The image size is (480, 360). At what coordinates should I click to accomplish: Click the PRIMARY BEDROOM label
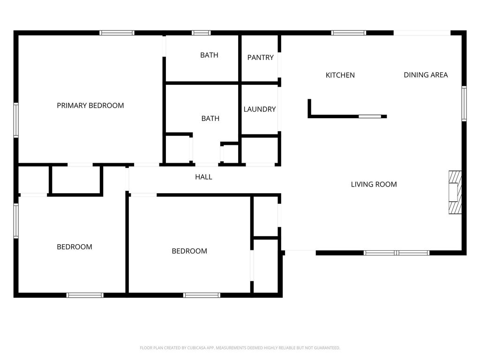90,105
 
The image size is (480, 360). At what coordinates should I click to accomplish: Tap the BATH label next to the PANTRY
209,55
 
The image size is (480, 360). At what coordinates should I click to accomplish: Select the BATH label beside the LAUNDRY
210,119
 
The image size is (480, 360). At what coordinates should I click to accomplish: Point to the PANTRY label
260,58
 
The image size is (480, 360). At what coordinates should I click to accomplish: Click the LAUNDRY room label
260,109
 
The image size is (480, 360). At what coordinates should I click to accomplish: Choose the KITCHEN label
340,75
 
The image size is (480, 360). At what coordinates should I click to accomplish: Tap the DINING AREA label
426,75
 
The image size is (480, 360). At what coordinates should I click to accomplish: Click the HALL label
203,177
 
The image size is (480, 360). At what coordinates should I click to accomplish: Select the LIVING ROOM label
374,184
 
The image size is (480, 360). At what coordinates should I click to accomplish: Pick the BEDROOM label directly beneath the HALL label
189,251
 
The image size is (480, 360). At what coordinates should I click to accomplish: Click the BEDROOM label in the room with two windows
75,247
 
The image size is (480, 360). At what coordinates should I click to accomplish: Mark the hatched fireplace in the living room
455,192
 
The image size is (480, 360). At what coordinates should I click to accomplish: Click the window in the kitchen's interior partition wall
370,116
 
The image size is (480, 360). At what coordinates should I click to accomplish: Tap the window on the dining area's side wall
464,104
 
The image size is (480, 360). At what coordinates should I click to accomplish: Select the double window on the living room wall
397,253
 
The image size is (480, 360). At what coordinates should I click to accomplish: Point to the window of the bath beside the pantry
201,33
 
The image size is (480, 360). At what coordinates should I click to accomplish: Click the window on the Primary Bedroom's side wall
16,120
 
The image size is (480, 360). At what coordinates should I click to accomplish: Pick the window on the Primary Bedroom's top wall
117,33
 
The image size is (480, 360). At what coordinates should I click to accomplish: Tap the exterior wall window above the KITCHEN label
349,33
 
